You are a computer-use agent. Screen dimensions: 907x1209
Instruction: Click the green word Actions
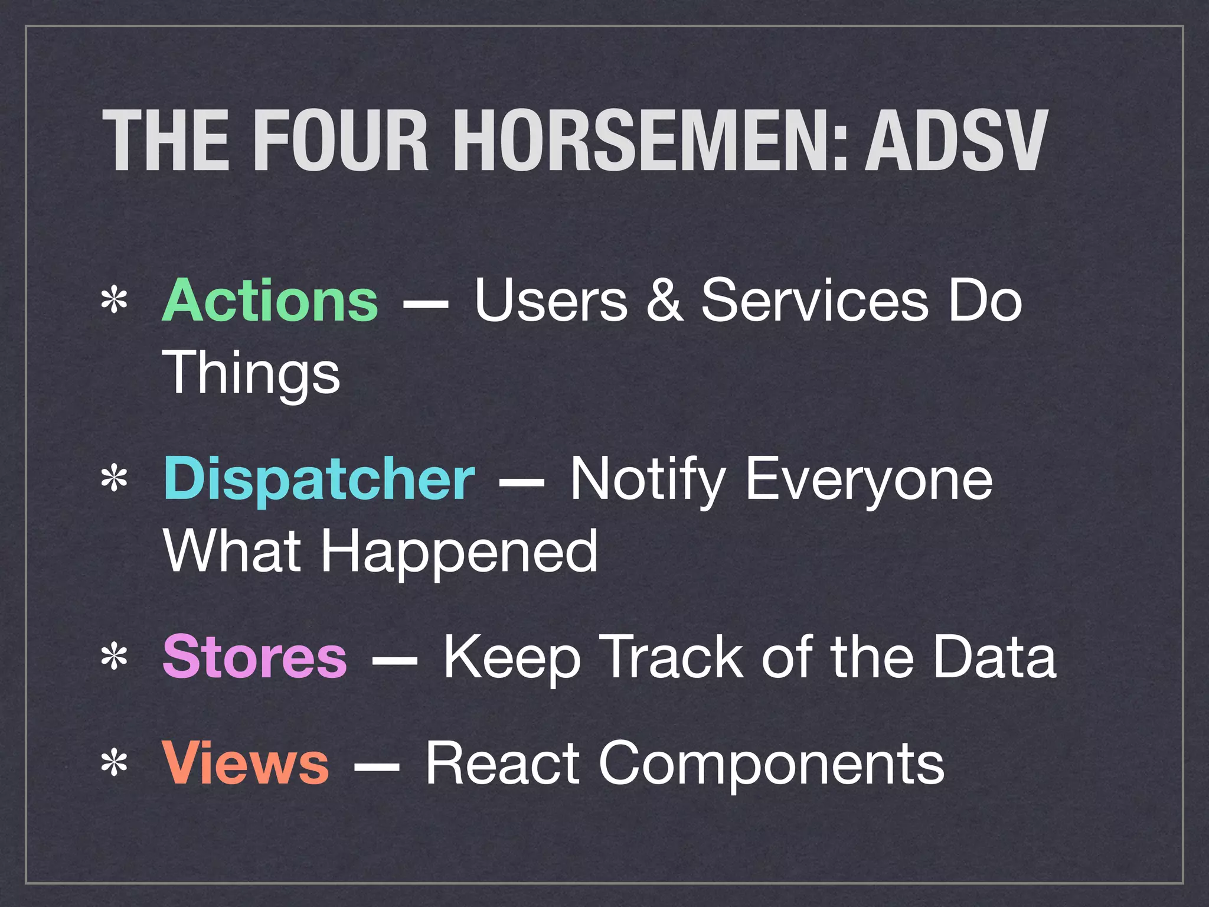(270, 301)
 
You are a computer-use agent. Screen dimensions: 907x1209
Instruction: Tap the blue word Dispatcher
(319, 479)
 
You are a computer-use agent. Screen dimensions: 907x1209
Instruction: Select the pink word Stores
(254, 657)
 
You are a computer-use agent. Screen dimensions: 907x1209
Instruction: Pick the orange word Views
(245, 763)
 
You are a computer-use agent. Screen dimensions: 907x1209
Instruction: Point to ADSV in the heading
(956, 142)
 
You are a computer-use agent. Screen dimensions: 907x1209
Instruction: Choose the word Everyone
(869, 479)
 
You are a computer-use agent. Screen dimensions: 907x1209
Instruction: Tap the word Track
(674, 657)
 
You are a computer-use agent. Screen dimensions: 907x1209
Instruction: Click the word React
(502, 763)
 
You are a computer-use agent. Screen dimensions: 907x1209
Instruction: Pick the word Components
(772, 764)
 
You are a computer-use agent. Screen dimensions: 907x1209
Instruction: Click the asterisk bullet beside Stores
(114, 657)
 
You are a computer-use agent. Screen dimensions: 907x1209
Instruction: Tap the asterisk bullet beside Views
(114, 764)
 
